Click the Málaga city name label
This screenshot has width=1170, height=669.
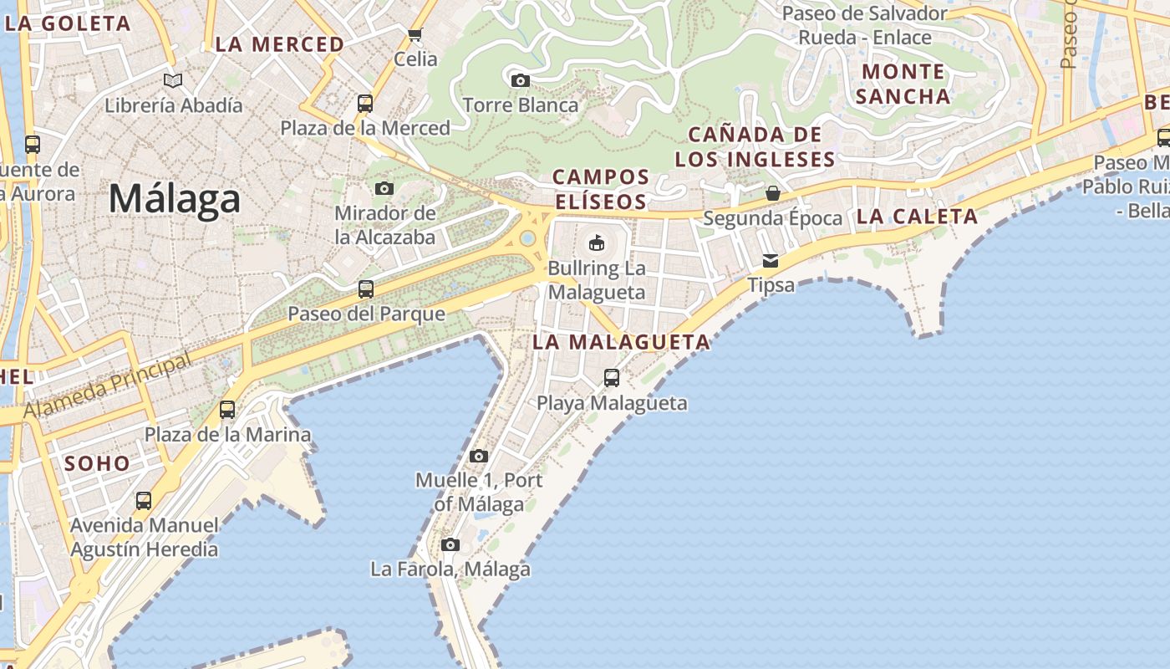(175, 199)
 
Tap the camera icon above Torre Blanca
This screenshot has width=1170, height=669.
(521, 81)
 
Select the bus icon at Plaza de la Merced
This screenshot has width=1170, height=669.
(365, 104)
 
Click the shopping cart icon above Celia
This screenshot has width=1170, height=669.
(415, 34)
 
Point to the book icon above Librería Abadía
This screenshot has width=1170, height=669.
(173, 81)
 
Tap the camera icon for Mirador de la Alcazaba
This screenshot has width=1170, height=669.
(384, 189)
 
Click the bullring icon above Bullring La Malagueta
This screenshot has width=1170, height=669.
(597, 243)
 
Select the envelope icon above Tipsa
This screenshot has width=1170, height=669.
(771, 261)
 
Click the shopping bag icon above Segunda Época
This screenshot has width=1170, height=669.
(773, 194)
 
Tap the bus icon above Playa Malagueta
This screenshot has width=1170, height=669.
(612, 378)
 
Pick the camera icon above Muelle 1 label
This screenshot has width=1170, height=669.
(479, 456)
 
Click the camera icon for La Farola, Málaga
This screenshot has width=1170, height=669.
(450, 545)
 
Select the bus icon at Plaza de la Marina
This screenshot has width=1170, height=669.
(227, 410)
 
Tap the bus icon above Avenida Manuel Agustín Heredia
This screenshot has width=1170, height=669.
(144, 501)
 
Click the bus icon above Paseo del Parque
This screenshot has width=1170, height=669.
(366, 289)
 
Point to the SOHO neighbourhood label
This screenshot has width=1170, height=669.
(98, 463)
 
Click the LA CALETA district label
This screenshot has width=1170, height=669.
(917, 217)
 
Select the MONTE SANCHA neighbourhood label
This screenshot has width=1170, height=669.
(903, 84)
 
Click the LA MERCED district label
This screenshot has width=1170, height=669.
(279, 44)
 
